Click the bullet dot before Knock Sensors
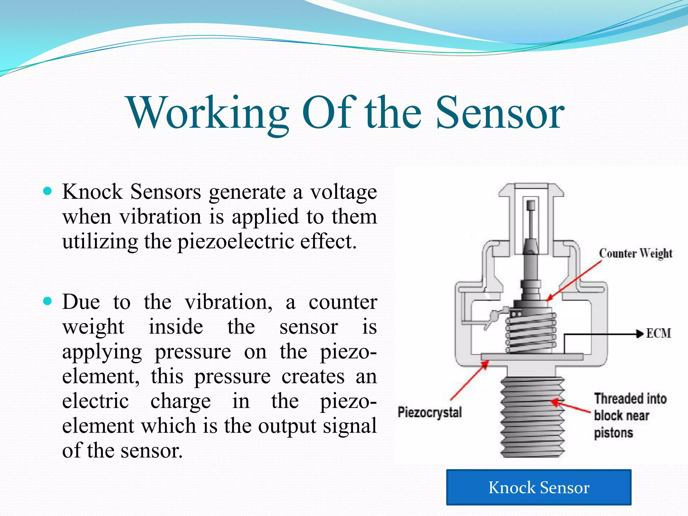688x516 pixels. (x=48, y=191)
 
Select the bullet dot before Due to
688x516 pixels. (x=48, y=301)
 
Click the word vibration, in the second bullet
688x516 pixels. (x=228, y=302)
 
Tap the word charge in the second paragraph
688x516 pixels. (x=180, y=401)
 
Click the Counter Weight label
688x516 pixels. (x=635, y=254)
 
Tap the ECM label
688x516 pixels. (x=658, y=334)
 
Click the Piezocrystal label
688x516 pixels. (x=430, y=412)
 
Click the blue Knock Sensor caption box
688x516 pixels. (x=539, y=487)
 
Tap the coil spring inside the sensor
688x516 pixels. (x=531, y=333)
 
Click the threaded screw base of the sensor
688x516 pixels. (x=532, y=417)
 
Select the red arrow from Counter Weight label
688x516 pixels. (x=574, y=281)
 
